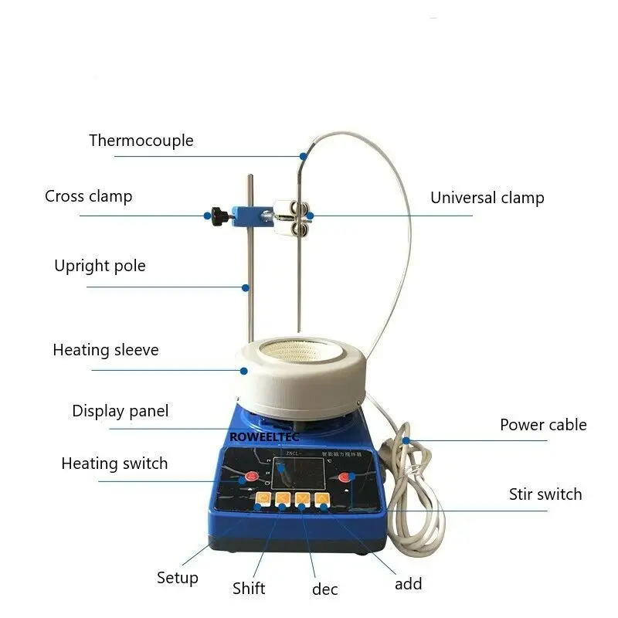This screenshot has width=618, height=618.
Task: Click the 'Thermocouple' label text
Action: pyautogui.click(x=141, y=141)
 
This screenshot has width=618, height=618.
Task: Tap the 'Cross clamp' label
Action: pyautogui.click(x=88, y=196)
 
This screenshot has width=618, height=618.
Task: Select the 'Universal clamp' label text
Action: pyautogui.click(x=487, y=198)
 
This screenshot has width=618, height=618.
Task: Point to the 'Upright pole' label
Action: pyautogui.click(x=100, y=267)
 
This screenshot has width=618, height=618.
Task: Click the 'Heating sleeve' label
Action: pyautogui.click(x=105, y=350)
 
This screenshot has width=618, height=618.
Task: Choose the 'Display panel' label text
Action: pyautogui.click(x=120, y=411)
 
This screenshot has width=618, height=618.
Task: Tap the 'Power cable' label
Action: pyautogui.click(x=543, y=425)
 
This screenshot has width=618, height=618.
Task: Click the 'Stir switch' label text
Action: pyautogui.click(x=545, y=494)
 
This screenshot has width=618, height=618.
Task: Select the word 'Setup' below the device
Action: pyautogui.click(x=178, y=577)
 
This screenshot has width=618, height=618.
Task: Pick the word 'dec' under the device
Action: pyautogui.click(x=325, y=589)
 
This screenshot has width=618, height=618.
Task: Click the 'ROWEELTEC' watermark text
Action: pyautogui.click(x=264, y=436)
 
